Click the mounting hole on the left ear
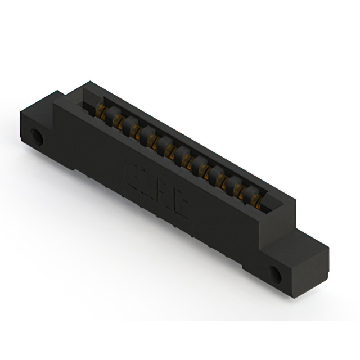coord(37,137)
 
